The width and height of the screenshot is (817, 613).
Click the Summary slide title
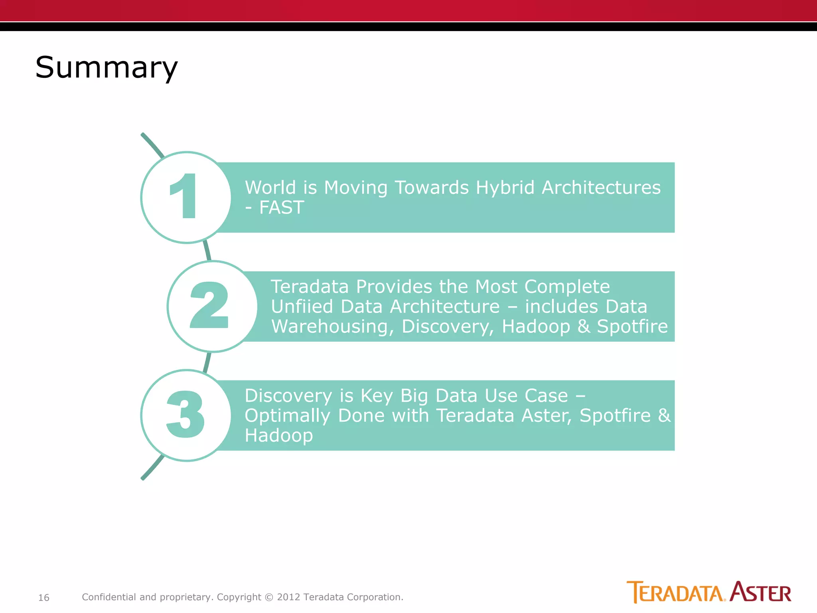click(x=106, y=67)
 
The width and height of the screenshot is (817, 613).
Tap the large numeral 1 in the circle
click(x=184, y=196)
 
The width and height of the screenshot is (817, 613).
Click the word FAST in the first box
click(x=282, y=208)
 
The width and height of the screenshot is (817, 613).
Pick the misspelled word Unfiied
click(x=302, y=306)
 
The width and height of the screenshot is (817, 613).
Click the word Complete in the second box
click(x=567, y=287)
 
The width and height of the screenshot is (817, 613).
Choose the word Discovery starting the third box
click(x=288, y=395)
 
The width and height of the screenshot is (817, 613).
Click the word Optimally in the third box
click(x=287, y=415)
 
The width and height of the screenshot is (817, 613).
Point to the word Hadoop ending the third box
click(x=278, y=435)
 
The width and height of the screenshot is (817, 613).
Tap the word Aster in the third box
click(x=547, y=415)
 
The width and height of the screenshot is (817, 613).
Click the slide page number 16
click(x=43, y=597)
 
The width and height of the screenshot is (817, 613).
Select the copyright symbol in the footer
click(x=269, y=597)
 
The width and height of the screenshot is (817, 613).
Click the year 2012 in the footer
click(x=288, y=597)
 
